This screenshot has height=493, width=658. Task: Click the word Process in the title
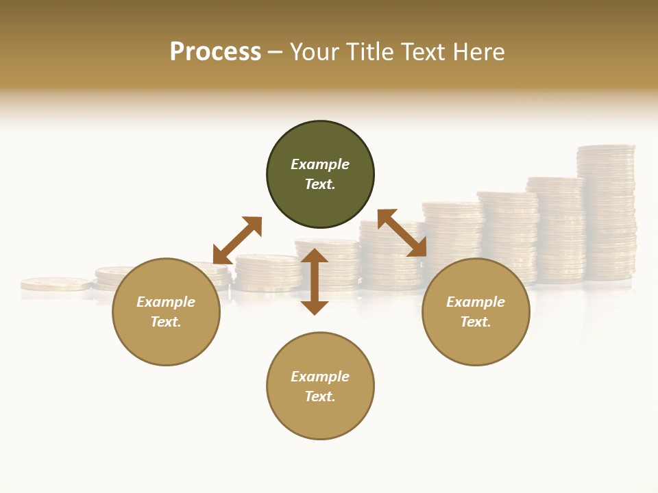[215, 52]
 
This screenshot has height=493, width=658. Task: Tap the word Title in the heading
[369, 52]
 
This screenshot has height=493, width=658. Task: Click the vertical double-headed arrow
[315, 281]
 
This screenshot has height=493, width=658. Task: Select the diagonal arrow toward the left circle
[237, 240]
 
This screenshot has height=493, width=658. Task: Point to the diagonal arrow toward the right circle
[402, 233]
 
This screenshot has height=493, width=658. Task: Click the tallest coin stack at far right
[606, 212]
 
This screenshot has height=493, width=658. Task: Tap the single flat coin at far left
[56, 283]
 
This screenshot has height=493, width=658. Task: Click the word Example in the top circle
[320, 164]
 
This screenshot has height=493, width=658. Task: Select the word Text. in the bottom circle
[320, 396]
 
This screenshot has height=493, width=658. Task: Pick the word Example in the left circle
[166, 302]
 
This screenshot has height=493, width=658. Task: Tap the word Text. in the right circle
[476, 322]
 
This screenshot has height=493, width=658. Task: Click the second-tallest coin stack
[555, 229]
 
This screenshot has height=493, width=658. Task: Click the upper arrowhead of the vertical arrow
[315, 255]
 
